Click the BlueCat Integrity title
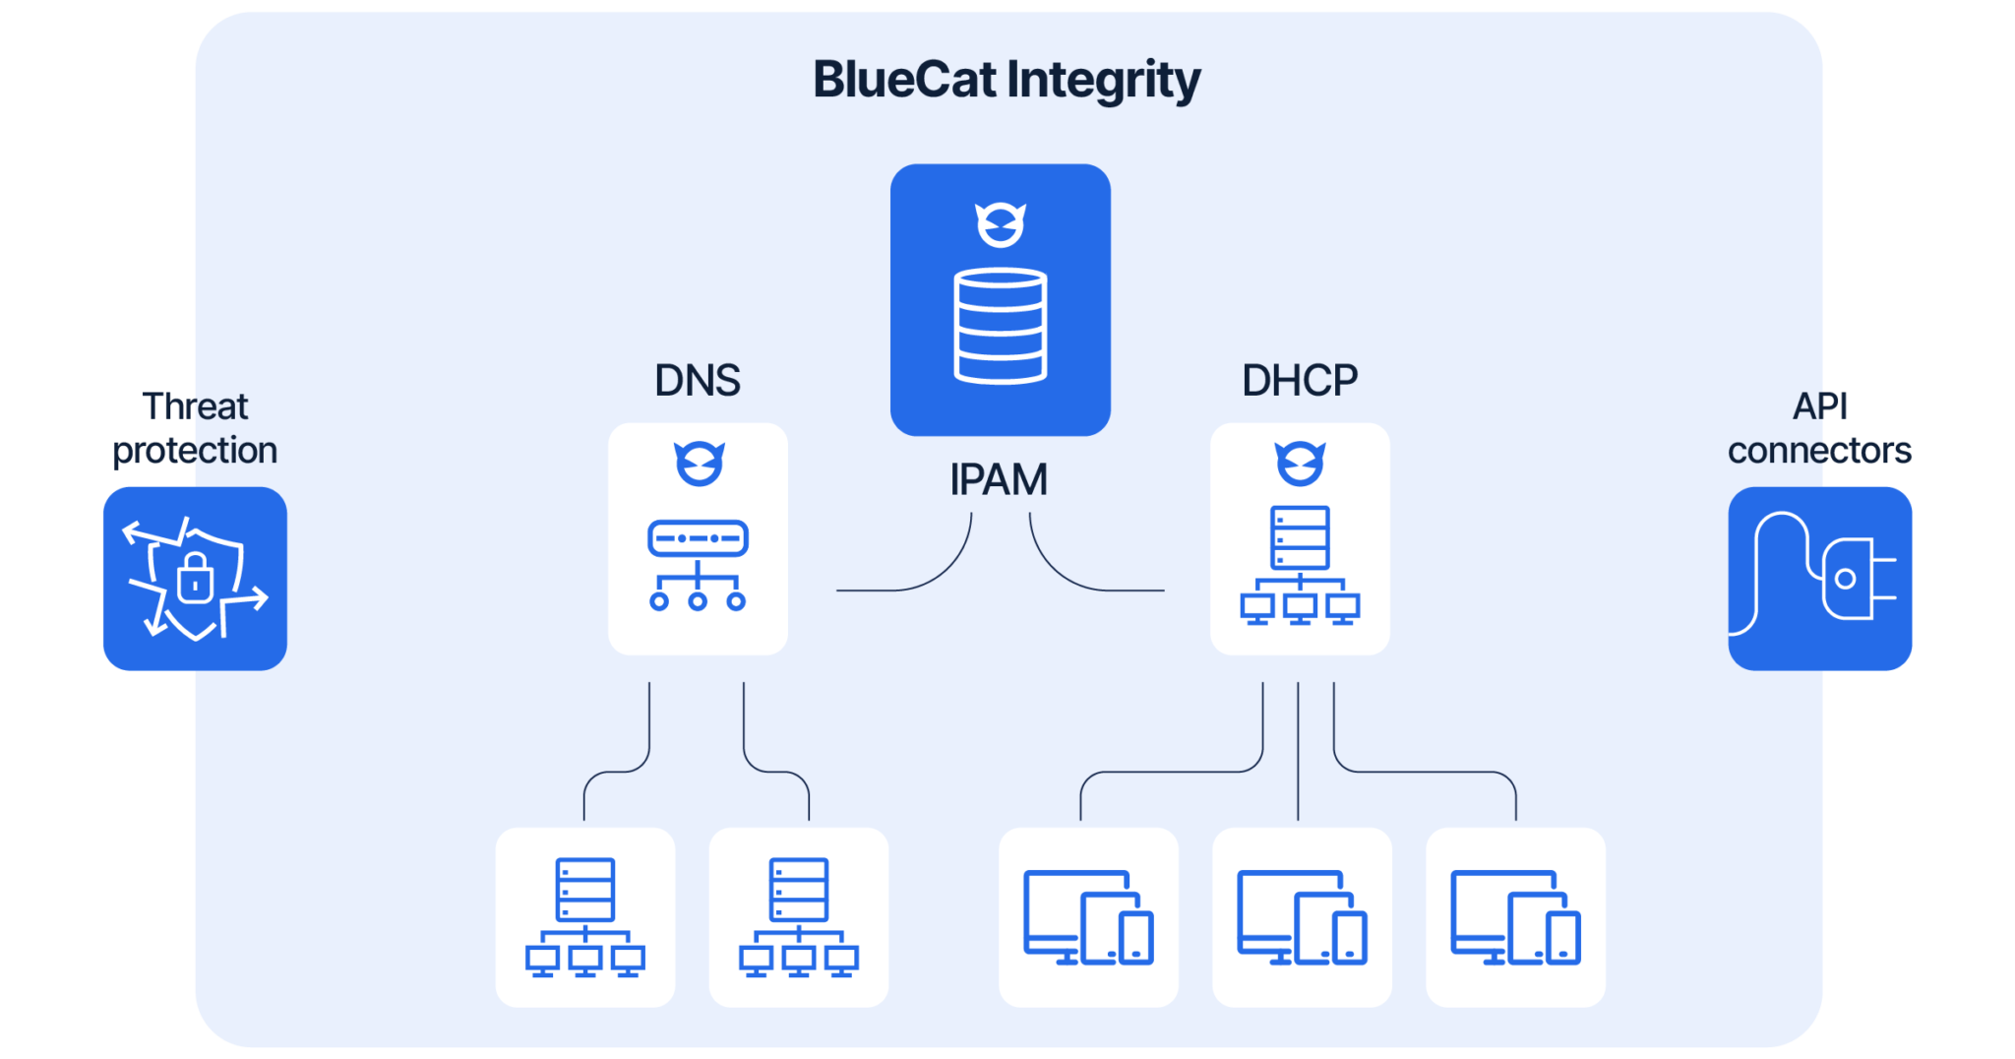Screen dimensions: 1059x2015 1007,80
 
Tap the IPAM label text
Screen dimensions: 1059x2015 999,480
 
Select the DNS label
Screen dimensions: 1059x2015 698,381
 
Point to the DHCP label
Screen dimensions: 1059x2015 1300,381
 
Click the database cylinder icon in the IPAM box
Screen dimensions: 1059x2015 1001,325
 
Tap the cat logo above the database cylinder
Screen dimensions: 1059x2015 1001,225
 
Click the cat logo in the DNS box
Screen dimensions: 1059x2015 699,464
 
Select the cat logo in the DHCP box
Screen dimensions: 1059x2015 1300,464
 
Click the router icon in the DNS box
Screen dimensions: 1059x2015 698,565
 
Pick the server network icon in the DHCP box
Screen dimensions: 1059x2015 1300,565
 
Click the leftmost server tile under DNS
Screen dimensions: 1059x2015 585,917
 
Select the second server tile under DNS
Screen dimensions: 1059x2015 799,917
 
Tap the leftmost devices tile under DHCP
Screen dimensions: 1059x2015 1088,917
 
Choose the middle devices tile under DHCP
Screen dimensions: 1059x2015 1302,917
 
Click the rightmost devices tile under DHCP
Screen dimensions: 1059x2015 1515,917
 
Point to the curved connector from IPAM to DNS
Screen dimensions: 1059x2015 935,575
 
